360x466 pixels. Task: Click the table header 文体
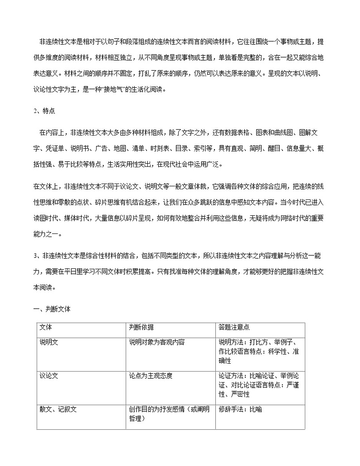click(46, 327)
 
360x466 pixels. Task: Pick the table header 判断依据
click(141, 327)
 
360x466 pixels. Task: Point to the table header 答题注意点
click(234, 327)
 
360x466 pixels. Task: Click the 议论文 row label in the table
click(49, 375)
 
